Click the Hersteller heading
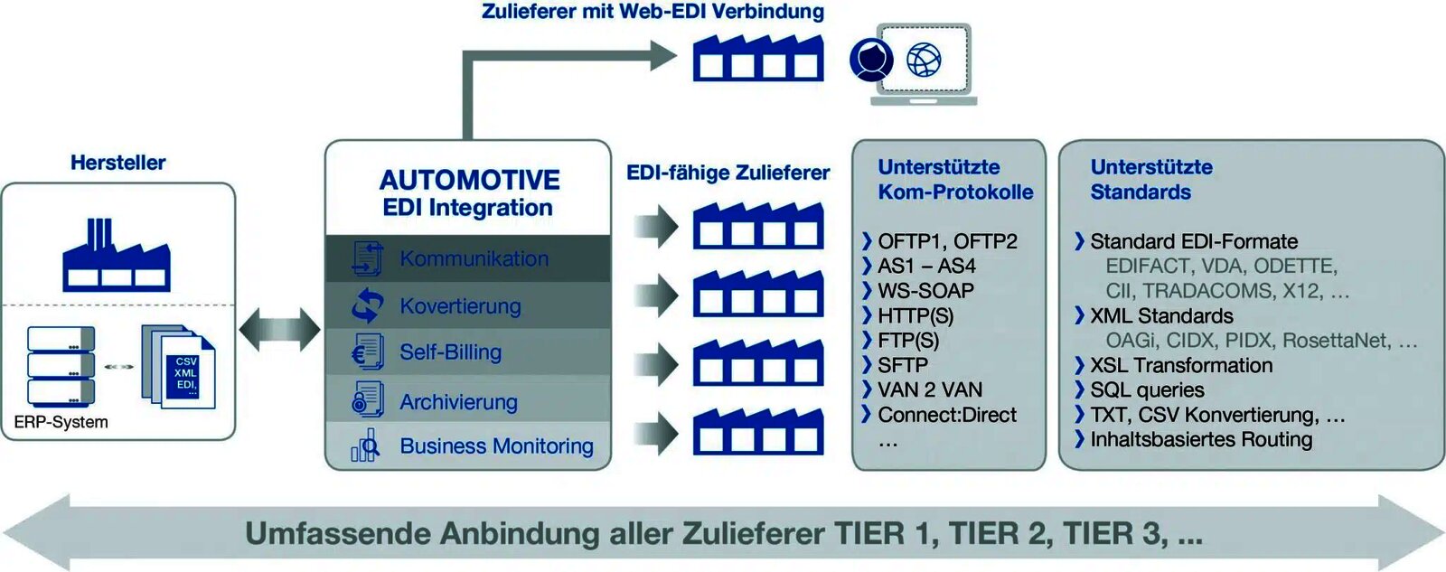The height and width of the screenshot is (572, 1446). coord(117,163)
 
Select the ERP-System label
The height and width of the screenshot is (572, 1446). coord(61,422)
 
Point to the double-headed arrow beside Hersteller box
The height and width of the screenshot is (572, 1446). coord(279,330)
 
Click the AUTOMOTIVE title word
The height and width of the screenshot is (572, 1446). coord(469,180)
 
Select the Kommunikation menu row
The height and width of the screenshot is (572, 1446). coord(473,258)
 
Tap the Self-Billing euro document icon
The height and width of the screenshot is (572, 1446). coord(367,352)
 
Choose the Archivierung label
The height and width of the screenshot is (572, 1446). coord(458,401)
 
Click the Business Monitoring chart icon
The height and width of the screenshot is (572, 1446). coord(365,445)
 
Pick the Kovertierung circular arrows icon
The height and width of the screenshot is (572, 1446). coord(367,305)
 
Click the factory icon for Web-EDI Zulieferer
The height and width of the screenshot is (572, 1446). coord(757,58)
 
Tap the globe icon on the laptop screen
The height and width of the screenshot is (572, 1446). coord(923,61)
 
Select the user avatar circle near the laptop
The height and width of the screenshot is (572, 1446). coord(871,60)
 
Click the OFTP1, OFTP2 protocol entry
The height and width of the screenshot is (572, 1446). coord(946,241)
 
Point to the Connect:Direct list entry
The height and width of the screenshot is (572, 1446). coord(946,415)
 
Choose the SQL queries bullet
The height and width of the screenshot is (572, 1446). coord(1146,389)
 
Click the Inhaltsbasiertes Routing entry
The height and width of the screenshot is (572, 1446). coord(1200,439)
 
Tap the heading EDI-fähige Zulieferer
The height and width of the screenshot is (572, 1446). coord(728,173)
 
